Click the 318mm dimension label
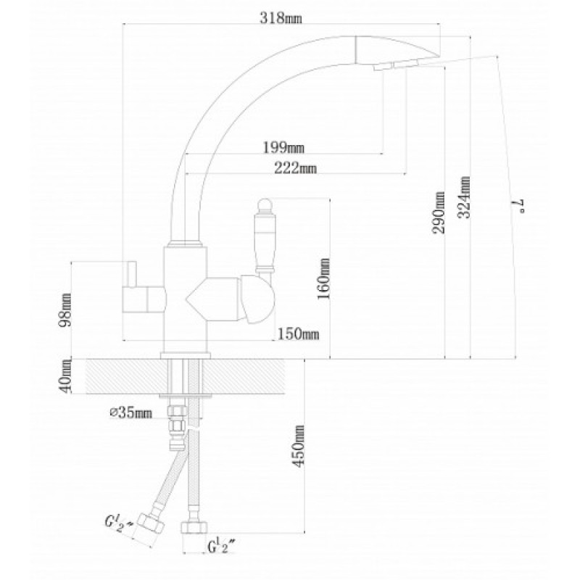pyautogui.click(x=281, y=18)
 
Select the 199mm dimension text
pyautogui.click(x=283, y=148)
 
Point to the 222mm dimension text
pyautogui.click(x=296, y=168)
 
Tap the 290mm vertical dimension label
pyautogui.click(x=439, y=212)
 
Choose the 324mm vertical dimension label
pyautogui.click(x=465, y=197)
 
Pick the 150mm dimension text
pyautogui.click(x=298, y=334)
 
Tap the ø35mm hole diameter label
pyautogui.click(x=131, y=413)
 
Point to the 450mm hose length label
pyautogui.click(x=299, y=446)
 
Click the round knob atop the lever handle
pyautogui.click(x=265, y=204)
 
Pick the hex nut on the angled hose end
pyautogui.click(x=150, y=524)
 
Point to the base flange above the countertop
pyautogui.click(x=186, y=355)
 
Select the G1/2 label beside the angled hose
pyautogui.click(x=118, y=523)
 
